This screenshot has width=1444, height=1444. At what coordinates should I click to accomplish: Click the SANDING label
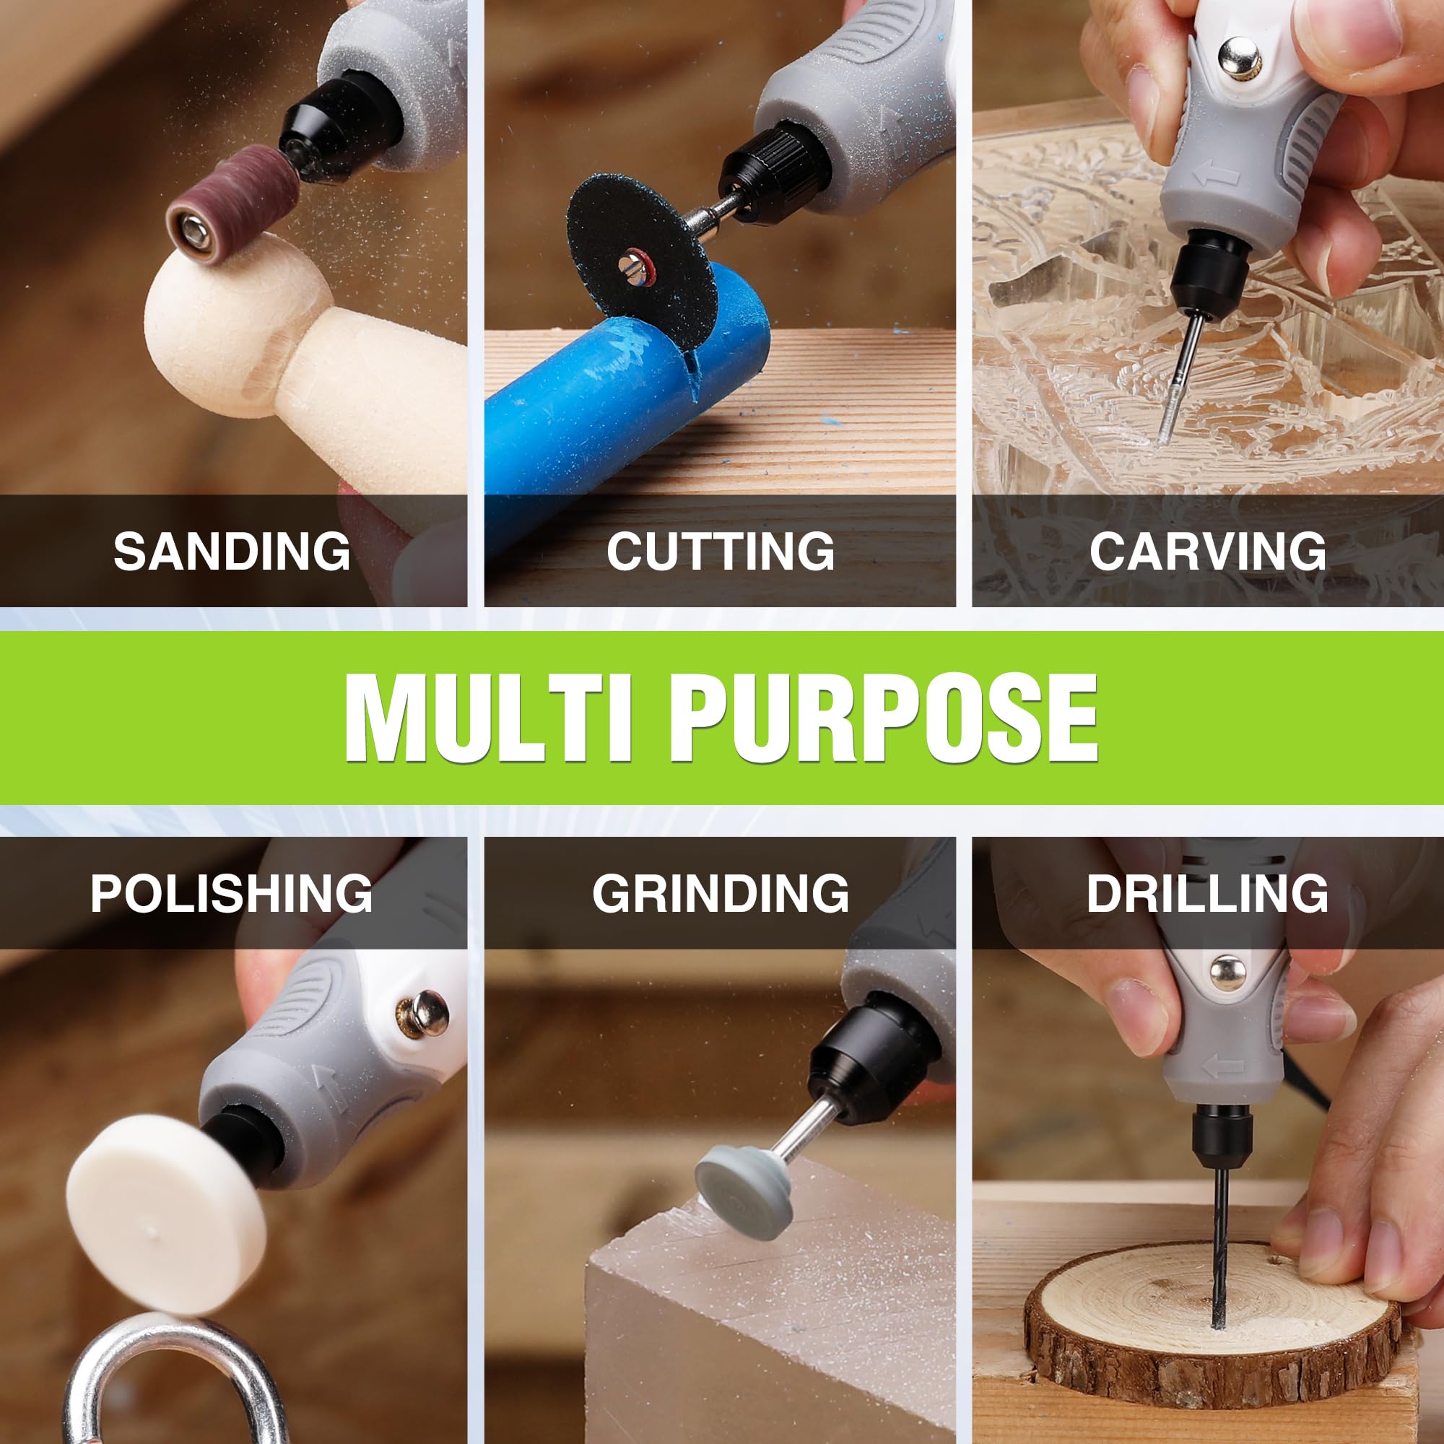232,551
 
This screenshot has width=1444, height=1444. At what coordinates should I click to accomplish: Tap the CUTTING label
721,551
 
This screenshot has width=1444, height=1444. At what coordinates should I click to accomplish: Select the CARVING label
1208,551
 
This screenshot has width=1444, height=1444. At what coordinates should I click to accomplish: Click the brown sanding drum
232,204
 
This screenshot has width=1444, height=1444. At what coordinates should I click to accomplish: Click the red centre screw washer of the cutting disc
632,264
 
